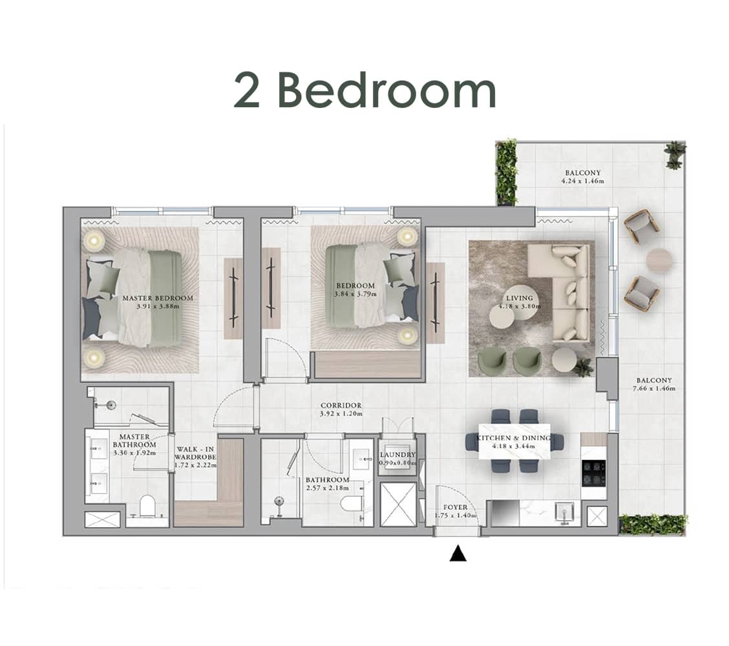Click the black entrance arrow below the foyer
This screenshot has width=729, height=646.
[458, 554]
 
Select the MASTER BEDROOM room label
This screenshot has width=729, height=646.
[158, 298]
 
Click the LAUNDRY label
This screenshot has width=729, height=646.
[397, 455]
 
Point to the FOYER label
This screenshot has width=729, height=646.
[456, 507]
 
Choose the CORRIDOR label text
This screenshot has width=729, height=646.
[341, 406]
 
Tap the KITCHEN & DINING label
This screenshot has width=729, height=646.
[514, 438]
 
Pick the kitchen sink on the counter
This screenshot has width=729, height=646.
[566, 513]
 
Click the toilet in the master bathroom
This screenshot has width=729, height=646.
[147, 505]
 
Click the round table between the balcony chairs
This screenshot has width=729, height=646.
[659, 260]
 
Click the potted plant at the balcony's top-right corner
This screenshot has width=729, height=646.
[675, 154]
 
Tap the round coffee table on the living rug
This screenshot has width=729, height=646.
[502, 317]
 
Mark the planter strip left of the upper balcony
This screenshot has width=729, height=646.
[506, 171]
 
